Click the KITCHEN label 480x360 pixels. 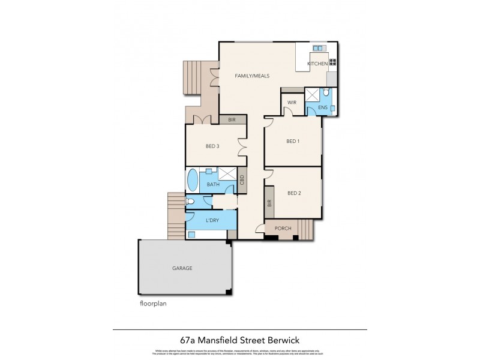tap(317, 64)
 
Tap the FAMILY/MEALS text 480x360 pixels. tap(252, 76)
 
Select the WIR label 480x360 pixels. tap(292, 103)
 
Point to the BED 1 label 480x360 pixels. tap(293, 142)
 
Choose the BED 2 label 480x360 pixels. tap(293, 193)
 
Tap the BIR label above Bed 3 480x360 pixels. tap(232, 120)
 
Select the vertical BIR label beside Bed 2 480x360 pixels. tap(269, 203)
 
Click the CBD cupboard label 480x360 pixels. tap(242, 179)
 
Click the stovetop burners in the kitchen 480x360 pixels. tap(332, 62)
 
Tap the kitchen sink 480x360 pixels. tap(317, 48)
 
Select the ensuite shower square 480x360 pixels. tap(313, 95)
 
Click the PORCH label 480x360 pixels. tap(283, 228)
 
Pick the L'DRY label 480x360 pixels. tap(212, 221)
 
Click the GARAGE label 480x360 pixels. tap(182, 268)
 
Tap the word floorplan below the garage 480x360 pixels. tap(152, 304)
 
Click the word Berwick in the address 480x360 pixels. tap(287, 338)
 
